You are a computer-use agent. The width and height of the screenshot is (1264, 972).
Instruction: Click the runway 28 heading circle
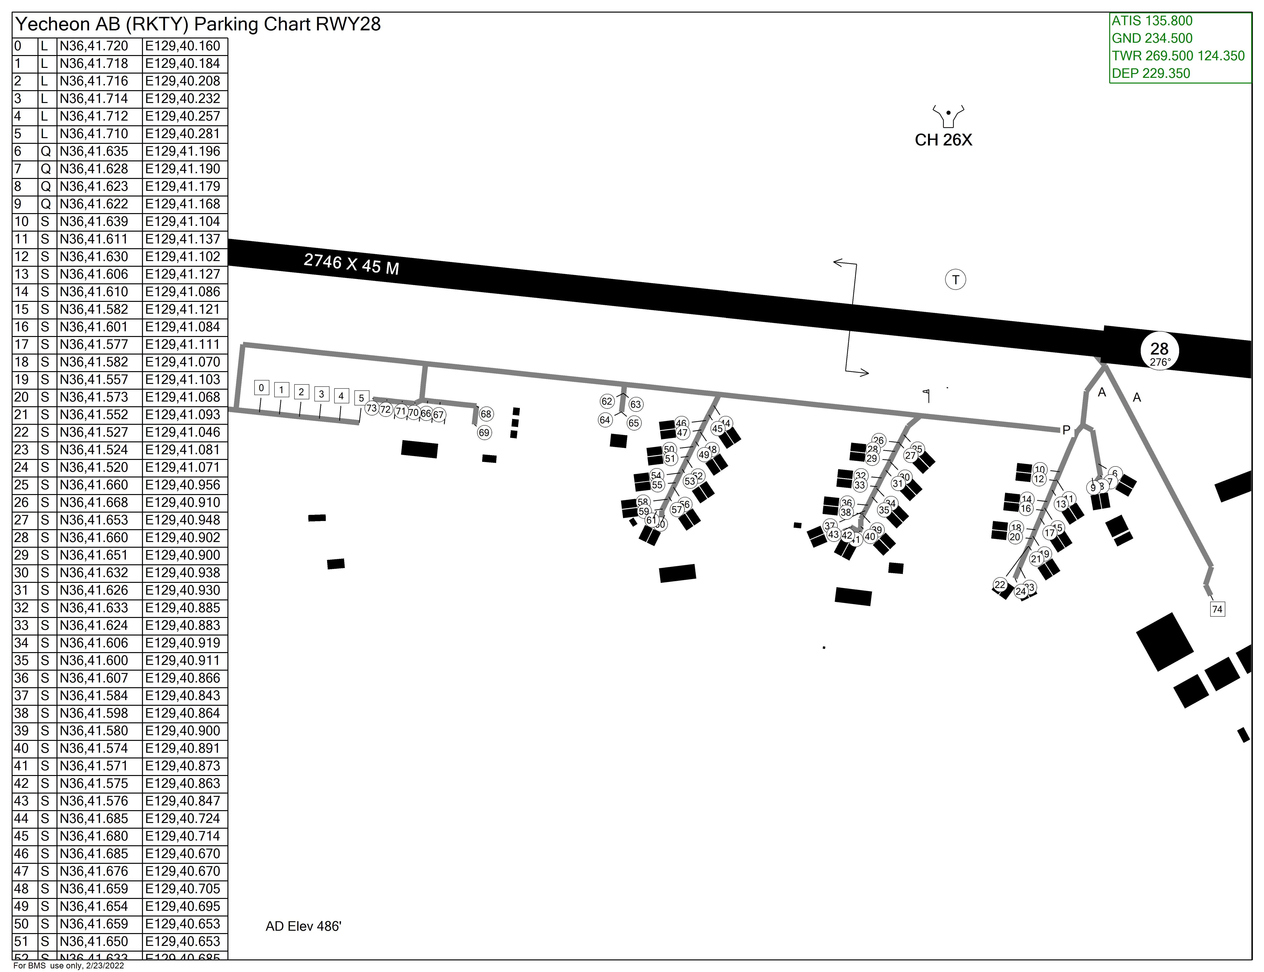pos(1159,351)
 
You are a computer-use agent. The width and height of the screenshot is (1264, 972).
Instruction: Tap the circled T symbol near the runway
pos(956,280)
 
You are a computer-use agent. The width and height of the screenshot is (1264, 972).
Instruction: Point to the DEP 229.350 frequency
pos(1151,74)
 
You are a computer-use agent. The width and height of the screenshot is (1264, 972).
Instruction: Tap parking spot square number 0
pos(262,388)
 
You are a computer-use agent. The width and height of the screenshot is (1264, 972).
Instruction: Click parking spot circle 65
pos(634,423)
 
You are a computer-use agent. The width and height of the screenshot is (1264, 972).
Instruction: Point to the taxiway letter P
pos(1066,430)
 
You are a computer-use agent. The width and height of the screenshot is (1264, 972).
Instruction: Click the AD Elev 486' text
pos(303,926)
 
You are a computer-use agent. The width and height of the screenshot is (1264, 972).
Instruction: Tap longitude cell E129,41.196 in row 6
pos(183,152)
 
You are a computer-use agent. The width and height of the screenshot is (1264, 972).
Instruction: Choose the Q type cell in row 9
pos(46,204)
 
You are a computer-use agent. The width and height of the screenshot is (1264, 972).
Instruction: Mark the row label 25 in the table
pos(21,485)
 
